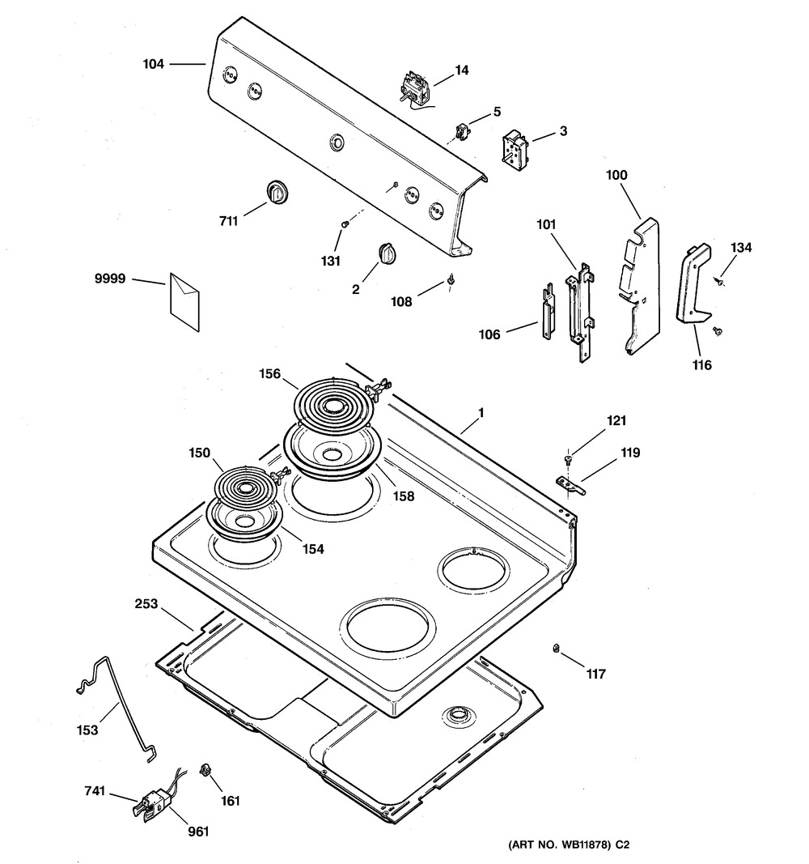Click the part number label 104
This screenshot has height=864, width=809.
[154, 65]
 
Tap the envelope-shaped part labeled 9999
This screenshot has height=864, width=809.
[185, 302]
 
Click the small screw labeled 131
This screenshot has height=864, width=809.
[345, 223]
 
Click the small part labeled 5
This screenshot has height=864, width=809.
[461, 132]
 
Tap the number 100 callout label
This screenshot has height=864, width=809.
[616, 175]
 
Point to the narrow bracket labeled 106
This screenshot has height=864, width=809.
[549, 311]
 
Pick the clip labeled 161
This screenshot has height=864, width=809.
[205, 769]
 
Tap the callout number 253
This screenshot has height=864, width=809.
[146, 604]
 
